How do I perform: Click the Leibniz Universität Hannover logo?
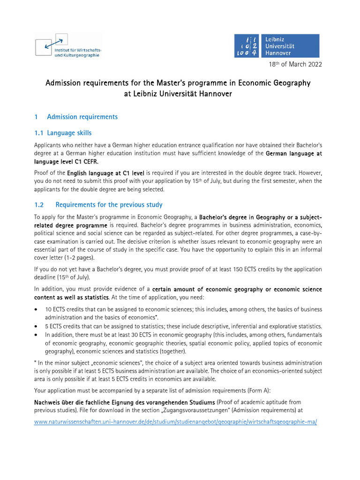point(277,46)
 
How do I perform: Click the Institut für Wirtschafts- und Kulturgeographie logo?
point(67,45)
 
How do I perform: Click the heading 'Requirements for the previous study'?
point(109,204)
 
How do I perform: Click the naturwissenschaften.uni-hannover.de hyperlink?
point(175,421)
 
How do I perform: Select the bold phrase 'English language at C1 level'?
point(106,173)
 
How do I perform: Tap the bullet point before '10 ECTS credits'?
point(37,310)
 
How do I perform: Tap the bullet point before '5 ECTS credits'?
point(37,326)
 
